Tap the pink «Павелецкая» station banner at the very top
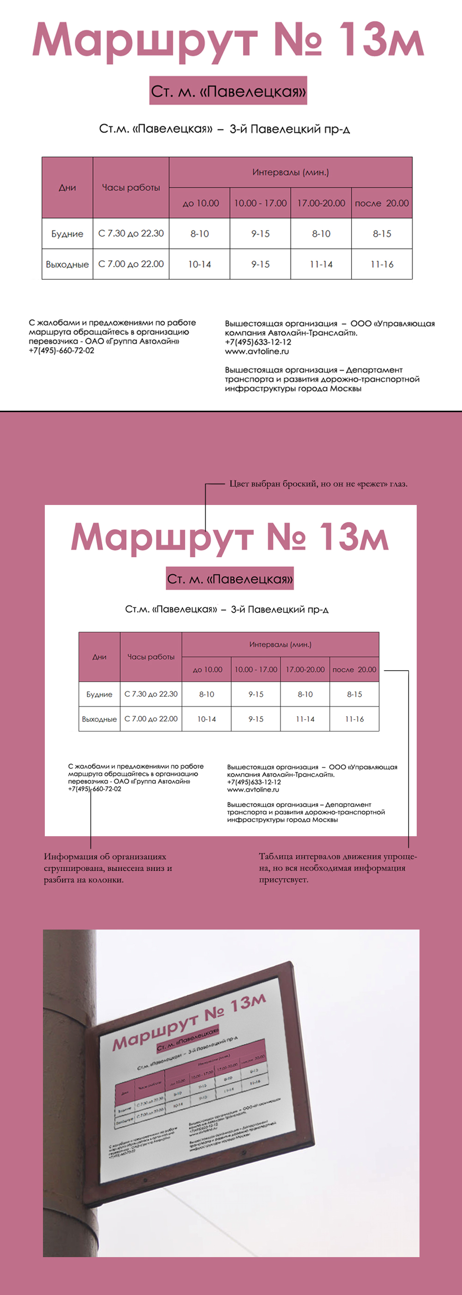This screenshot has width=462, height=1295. pos(228,91)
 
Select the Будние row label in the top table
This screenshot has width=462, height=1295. pos(67,234)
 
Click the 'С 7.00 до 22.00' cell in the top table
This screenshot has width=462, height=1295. pos(131,264)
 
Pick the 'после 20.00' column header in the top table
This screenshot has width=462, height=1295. pos(382,203)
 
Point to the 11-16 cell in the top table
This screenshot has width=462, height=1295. pos(382,264)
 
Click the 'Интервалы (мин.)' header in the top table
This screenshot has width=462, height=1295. pos(290,172)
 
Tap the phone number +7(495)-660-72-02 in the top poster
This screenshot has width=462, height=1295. pos(61,350)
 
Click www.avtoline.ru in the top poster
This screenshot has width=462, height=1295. pos(257,352)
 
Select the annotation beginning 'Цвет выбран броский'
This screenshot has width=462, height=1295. pos(318,484)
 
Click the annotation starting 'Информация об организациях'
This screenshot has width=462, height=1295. pos(108,868)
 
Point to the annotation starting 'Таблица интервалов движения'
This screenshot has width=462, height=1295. pos(337,868)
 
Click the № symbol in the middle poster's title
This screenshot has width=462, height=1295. pos(286,536)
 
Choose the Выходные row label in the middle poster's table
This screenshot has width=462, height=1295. pos(99,719)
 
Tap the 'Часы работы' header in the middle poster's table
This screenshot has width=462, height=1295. pos(151,657)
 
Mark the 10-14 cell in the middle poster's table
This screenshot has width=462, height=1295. pos(206,719)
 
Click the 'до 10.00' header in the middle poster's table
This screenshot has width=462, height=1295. pos(207,669)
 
